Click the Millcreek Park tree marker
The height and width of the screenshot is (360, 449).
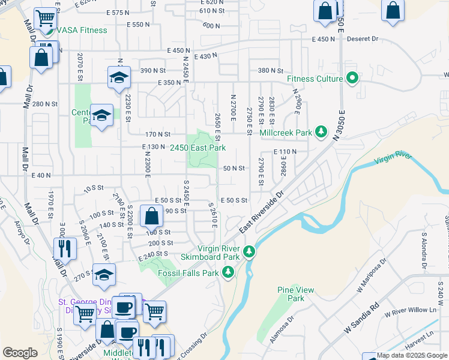[x=321, y=131]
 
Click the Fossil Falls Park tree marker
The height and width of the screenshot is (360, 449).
[x=228, y=273]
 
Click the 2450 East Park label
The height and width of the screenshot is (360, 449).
[x=197, y=148]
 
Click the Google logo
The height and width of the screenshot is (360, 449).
[x=20, y=353]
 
